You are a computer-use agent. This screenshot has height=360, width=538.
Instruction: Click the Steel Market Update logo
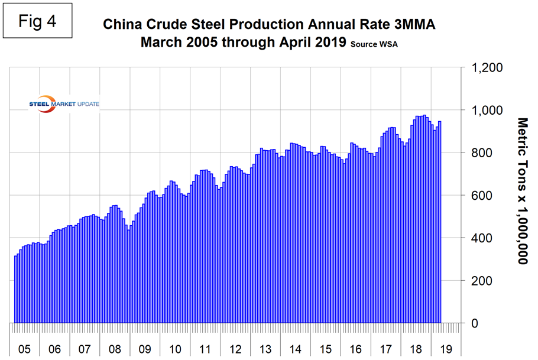point(64,104)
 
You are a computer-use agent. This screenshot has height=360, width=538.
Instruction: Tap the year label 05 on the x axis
point(25,349)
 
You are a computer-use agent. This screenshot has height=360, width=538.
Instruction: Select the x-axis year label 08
point(115,349)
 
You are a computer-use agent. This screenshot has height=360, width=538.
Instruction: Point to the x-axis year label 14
point(295,349)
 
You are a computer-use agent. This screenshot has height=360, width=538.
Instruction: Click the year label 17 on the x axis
point(385,349)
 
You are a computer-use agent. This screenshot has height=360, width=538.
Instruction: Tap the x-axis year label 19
point(445,349)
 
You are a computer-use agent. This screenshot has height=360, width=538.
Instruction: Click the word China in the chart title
point(123,25)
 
